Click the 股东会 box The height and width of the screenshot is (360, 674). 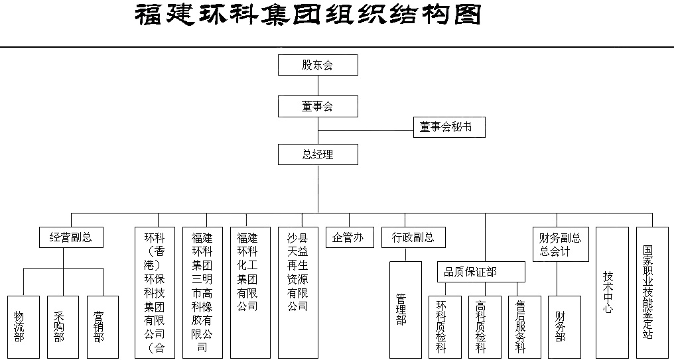(x=318, y=65)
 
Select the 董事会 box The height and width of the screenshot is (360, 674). (x=318, y=106)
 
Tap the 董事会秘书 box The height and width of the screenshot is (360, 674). (x=449, y=127)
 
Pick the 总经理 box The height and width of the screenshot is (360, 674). (x=318, y=154)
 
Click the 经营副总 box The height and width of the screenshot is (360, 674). (x=72, y=237)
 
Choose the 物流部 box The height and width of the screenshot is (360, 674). (x=24, y=327)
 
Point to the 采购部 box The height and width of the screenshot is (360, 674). (x=63, y=327)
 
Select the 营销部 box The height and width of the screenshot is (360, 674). (x=103, y=327)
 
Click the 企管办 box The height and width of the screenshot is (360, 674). (x=350, y=237)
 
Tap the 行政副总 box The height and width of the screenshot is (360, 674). (x=413, y=237)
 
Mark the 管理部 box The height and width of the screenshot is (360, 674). (x=405, y=310)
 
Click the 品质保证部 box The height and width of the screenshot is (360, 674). (x=482, y=272)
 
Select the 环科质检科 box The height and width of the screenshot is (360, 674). (x=445, y=327)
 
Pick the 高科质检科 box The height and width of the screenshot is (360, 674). (x=485, y=327)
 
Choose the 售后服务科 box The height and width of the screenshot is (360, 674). (x=525, y=327)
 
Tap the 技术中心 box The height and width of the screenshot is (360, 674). (x=612, y=292)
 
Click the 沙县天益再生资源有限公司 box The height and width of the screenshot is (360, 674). (x=299, y=292)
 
